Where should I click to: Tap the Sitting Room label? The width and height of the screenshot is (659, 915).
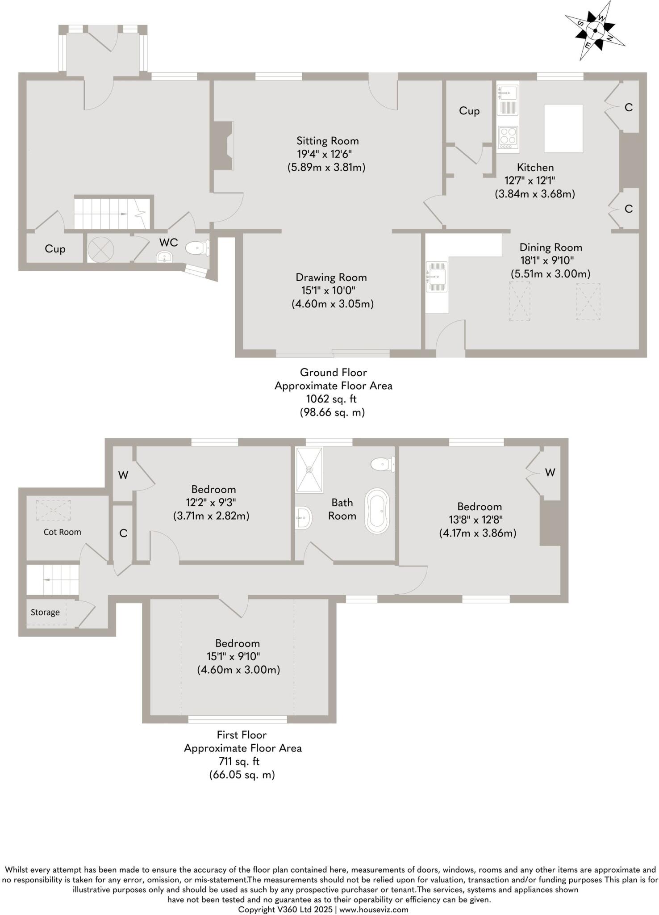(x=328, y=141)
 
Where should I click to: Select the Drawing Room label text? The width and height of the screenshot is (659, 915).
(x=331, y=277)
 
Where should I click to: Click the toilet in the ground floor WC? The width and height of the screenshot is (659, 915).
(x=196, y=248)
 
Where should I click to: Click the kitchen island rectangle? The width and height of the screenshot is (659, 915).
(x=563, y=128)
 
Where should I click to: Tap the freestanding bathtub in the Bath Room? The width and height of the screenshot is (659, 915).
(x=377, y=510)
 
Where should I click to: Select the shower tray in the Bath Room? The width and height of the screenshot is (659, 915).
(x=309, y=470)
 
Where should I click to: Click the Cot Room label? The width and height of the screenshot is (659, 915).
(x=62, y=532)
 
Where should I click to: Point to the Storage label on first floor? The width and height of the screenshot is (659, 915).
(x=45, y=613)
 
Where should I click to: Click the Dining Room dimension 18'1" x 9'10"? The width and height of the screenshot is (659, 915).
(x=551, y=260)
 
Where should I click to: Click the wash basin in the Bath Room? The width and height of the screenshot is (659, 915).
(x=304, y=518)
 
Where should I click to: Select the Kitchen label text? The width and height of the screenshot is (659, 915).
(x=535, y=168)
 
